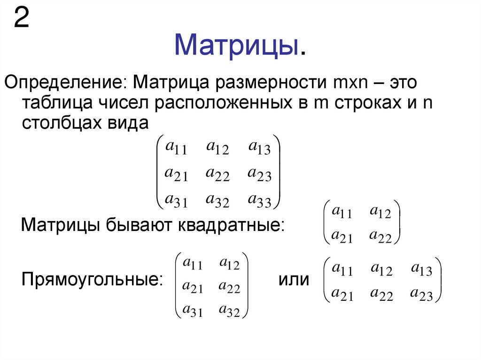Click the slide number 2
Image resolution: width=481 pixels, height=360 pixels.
pyautogui.click(x=23, y=19)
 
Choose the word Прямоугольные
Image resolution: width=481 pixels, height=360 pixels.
pyautogui.click(x=90, y=280)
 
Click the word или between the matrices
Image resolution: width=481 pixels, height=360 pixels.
pyautogui.click(x=294, y=280)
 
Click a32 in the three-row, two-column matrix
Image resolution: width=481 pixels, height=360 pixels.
pyautogui.click(x=229, y=311)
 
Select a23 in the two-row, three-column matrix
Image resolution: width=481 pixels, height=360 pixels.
pyautogui.click(x=421, y=294)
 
